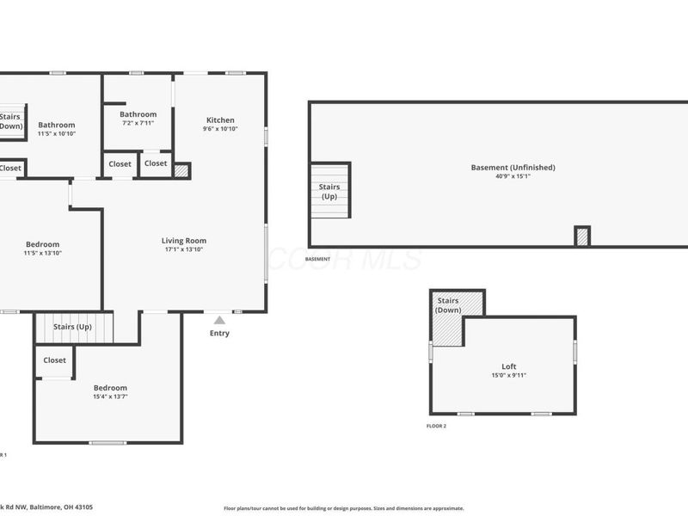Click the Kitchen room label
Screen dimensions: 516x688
coord(219,120)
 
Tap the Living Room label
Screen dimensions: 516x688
coord(184,241)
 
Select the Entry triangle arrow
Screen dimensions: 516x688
coord(219,321)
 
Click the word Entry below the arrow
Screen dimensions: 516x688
coord(219,334)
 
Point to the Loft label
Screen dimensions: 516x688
coord(509,365)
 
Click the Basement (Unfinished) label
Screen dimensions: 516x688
coord(513,167)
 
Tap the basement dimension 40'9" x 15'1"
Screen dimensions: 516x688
coord(513,176)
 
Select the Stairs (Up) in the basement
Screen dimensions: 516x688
coord(329,191)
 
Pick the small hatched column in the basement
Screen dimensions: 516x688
coord(582,236)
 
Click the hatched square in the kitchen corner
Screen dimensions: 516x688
coord(181,170)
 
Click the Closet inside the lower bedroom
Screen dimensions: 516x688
coord(54,360)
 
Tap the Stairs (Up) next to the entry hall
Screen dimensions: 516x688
coord(73,327)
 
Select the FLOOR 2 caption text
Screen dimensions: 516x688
coord(437,426)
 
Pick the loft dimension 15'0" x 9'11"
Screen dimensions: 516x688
coord(509,375)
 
